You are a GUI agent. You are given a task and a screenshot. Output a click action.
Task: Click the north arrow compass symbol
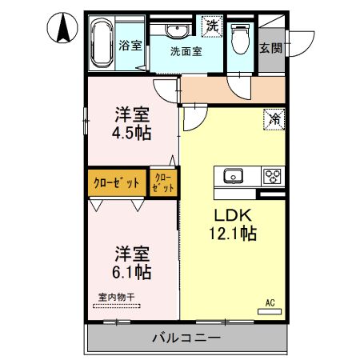pos(60,30)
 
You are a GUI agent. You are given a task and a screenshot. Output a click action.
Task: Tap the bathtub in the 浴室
pos(101,45)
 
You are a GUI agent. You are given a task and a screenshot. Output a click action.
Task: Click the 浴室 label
pos(130,45)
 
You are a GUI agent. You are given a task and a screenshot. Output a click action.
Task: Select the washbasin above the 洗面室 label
pos(176,30)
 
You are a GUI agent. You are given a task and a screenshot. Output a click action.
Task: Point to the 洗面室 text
pos(186,50)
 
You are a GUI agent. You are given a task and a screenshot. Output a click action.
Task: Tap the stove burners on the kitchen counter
pos(273,175)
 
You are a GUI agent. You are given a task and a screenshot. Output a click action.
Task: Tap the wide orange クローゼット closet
pos(116,182)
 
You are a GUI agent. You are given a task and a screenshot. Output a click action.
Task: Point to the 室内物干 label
pos(117,298)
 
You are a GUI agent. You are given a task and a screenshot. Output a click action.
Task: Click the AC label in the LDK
pos(270,302)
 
